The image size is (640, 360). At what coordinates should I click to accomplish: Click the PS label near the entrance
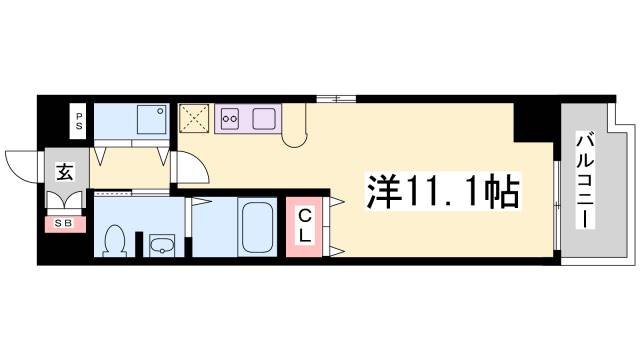pos(79,124)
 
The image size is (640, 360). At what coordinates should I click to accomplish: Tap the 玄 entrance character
pos(63,170)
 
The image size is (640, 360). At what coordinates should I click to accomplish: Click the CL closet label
pos(306,226)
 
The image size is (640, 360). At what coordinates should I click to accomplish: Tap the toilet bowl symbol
pos(115,240)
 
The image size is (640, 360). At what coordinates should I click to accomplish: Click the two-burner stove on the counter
pos(230,118)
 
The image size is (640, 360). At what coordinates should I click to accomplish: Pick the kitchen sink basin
pos(264,118)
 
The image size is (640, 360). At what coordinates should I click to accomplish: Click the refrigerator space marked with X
pos(194,118)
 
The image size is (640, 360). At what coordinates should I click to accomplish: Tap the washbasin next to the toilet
pos(160,244)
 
